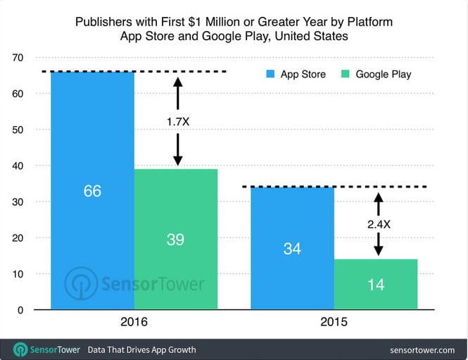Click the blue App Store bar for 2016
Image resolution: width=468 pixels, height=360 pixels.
click(92, 141)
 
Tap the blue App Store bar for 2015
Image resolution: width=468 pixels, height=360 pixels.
click(292, 211)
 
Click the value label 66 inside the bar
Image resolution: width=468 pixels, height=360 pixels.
click(92, 191)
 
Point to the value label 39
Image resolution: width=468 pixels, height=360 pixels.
click(175, 240)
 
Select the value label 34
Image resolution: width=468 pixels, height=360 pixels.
click(292, 249)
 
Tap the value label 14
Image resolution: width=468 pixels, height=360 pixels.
click(375, 286)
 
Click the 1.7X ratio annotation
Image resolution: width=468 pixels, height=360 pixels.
click(177, 121)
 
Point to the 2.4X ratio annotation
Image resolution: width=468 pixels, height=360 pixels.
click(379, 225)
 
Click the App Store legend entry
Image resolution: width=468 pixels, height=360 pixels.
click(296, 74)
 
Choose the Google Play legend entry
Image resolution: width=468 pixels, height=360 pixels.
click(376, 74)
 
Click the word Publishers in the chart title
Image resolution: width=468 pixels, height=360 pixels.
click(103, 23)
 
